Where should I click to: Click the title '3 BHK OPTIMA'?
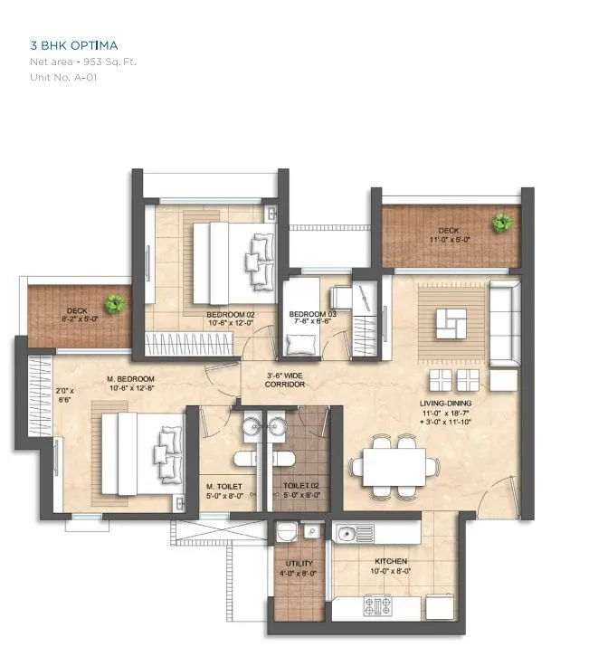(x=75, y=44)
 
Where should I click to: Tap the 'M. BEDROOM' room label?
(x=131, y=378)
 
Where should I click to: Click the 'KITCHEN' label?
(x=394, y=561)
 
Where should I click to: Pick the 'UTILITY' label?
(x=299, y=562)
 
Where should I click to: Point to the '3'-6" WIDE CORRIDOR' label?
(x=286, y=379)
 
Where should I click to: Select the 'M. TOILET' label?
(x=223, y=486)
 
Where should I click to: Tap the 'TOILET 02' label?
(x=300, y=486)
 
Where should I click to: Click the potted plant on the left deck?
(x=114, y=304)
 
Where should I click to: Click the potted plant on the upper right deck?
(x=500, y=222)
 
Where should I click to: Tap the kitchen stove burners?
(x=378, y=604)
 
